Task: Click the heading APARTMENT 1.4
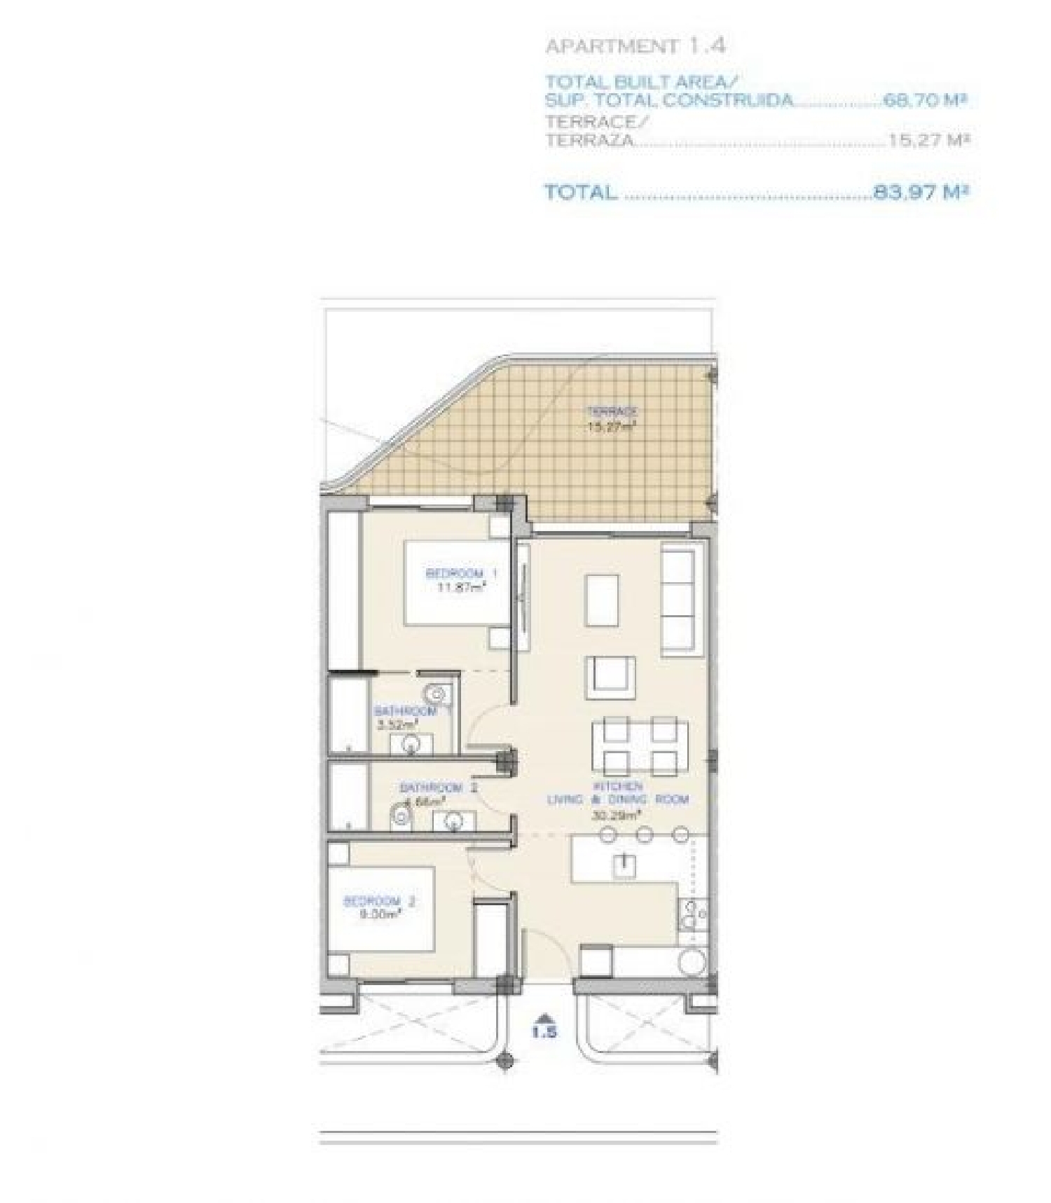pyautogui.click(x=635, y=46)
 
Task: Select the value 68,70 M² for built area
pyautogui.click(x=925, y=99)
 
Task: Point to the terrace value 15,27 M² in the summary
pyautogui.click(x=928, y=139)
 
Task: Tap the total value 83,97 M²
pyautogui.click(x=921, y=191)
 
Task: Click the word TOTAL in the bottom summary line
pyautogui.click(x=581, y=192)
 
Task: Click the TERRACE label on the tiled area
pyautogui.click(x=612, y=411)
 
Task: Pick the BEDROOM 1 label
pyautogui.click(x=461, y=573)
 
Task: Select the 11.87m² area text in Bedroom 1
pyautogui.click(x=461, y=587)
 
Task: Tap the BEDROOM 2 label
pyautogui.click(x=378, y=901)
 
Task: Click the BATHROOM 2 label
pyautogui.click(x=438, y=788)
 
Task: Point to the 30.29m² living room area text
pyautogui.click(x=617, y=815)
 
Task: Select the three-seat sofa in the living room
pyautogui.click(x=682, y=600)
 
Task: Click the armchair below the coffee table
pyautogui.click(x=611, y=676)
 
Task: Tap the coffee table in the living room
pyautogui.click(x=602, y=600)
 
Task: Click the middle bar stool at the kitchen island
pyautogui.click(x=645, y=834)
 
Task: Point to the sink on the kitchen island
pyautogui.click(x=623, y=865)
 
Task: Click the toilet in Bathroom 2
pyautogui.click(x=401, y=816)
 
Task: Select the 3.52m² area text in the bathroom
pyautogui.click(x=397, y=725)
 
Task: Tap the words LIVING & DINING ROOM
pyautogui.click(x=617, y=799)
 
